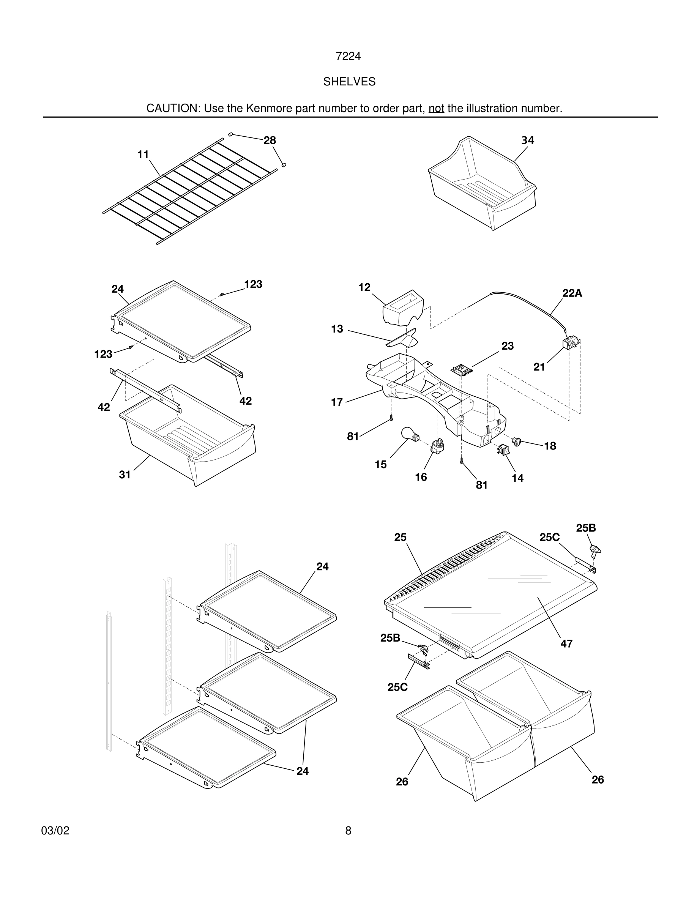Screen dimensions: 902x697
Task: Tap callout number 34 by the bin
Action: pos(527,140)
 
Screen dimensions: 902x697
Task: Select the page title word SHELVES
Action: pos(349,82)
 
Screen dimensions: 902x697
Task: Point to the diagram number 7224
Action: pos(348,56)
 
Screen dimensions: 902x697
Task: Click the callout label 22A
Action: pos(572,293)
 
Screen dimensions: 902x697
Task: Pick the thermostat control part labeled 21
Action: pos(570,344)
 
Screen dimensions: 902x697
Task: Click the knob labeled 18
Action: pos(517,442)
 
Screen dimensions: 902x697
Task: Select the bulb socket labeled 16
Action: pos(437,446)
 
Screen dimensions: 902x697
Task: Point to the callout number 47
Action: pos(566,643)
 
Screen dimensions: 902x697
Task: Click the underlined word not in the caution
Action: pos(436,108)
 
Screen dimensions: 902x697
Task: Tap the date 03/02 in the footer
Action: pos(55,831)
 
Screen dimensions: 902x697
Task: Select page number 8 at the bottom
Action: pos(348,831)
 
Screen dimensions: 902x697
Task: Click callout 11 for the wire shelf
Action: pos(143,155)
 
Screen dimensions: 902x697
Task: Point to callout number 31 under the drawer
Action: pos(125,475)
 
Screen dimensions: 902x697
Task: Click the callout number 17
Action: pos(337,402)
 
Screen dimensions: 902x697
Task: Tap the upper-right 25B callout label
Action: pos(585,528)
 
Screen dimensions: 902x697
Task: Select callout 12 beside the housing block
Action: pos(364,287)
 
